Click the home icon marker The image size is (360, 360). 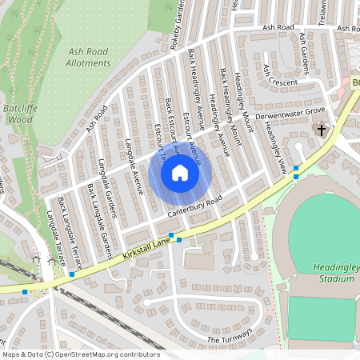coord(179,172)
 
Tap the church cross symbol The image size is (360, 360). coord(322,129)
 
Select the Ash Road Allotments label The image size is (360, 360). coord(87,57)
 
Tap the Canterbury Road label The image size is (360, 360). coord(193,207)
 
